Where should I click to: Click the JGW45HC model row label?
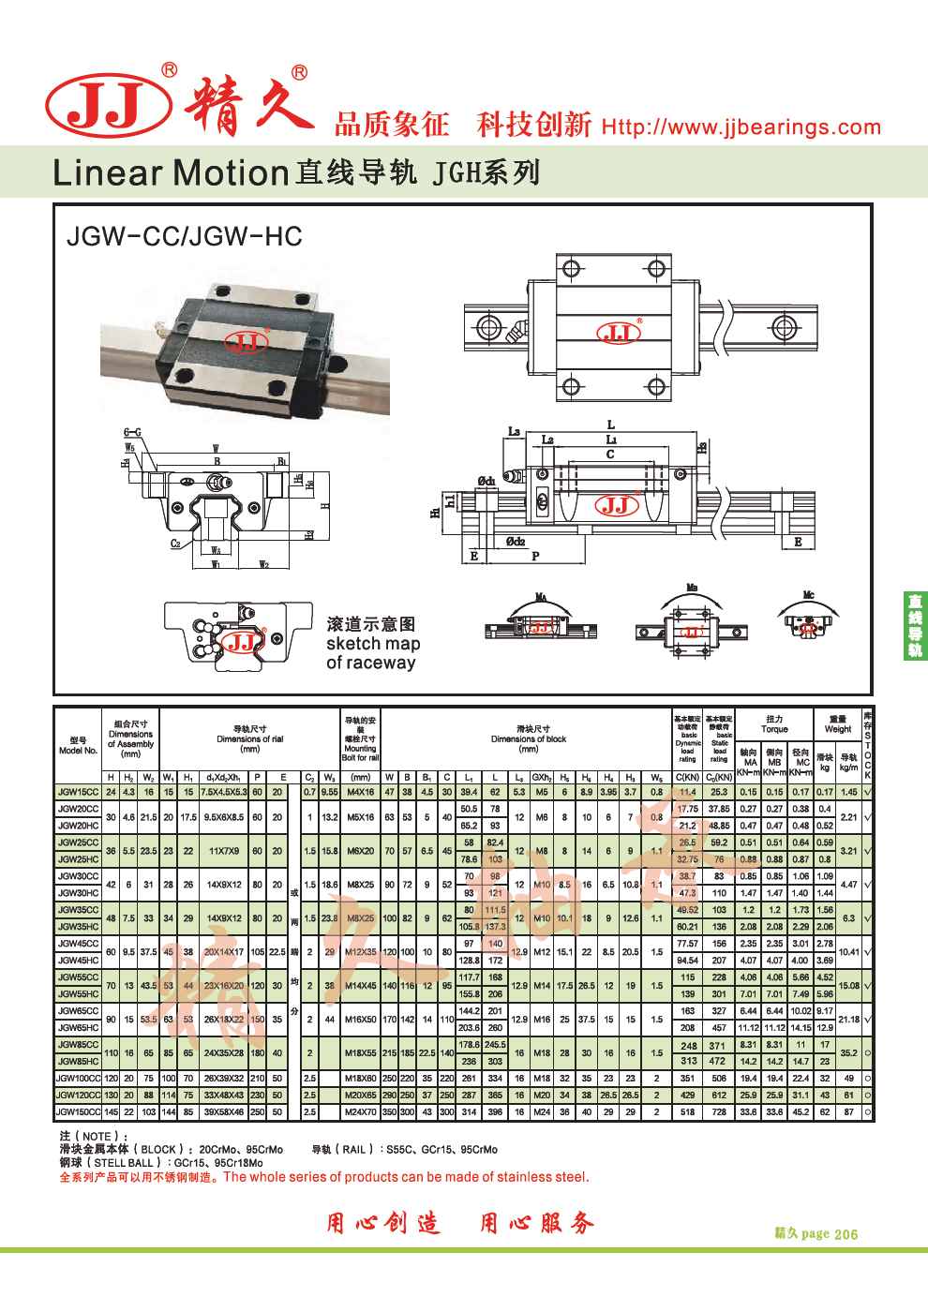78,961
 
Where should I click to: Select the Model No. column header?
78,746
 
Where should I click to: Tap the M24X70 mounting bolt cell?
360,1112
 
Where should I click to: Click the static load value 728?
719,1112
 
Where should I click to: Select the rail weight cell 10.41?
849,952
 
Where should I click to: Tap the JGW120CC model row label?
78,1096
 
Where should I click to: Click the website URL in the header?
741,127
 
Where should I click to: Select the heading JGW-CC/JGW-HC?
185,236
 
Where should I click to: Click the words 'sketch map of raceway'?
373,653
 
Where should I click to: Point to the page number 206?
845,1234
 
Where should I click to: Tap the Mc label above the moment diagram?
808,595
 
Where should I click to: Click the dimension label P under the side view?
535,556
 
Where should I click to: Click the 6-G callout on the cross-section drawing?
132,432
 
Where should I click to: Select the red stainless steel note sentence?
324,1177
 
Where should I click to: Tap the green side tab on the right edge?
914,625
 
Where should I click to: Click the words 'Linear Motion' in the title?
170,172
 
